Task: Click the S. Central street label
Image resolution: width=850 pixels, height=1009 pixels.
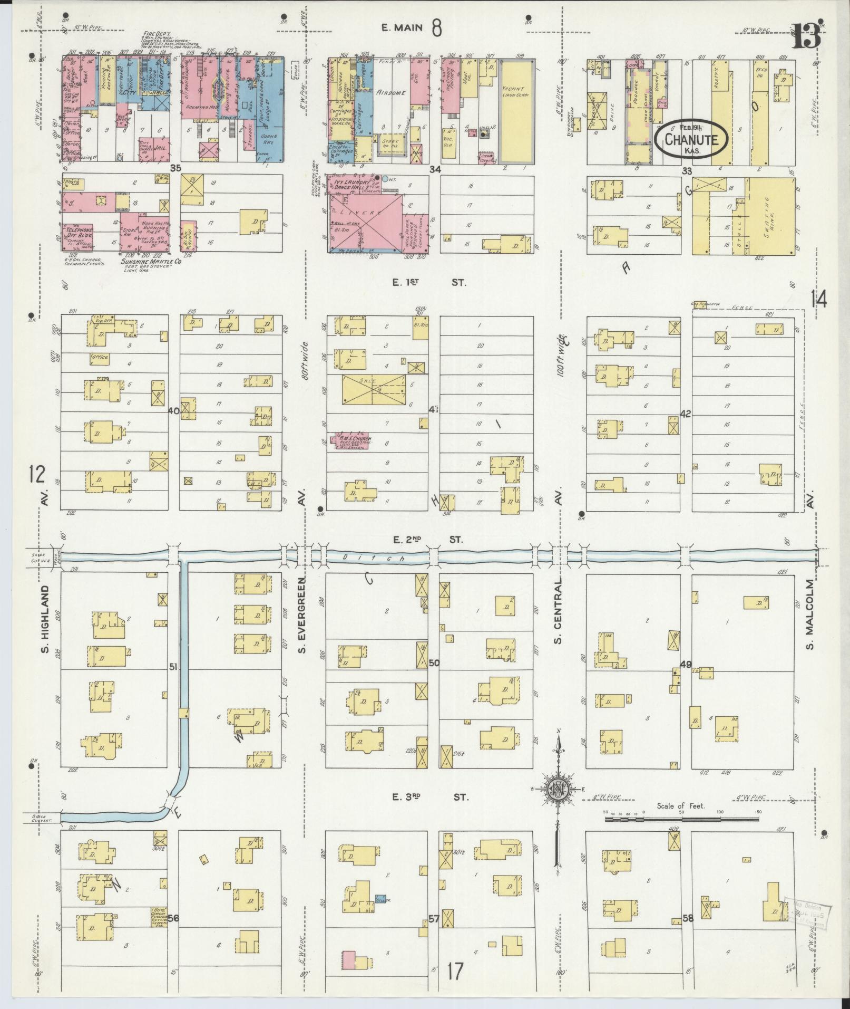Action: (557, 611)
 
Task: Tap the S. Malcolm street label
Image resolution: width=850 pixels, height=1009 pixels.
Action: (811, 615)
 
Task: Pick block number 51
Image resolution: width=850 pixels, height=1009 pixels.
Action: (173, 667)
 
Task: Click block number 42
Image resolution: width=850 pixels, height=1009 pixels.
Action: (686, 413)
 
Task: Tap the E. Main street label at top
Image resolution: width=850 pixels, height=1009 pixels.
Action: (403, 28)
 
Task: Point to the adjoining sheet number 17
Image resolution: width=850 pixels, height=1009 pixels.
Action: (456, 971)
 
